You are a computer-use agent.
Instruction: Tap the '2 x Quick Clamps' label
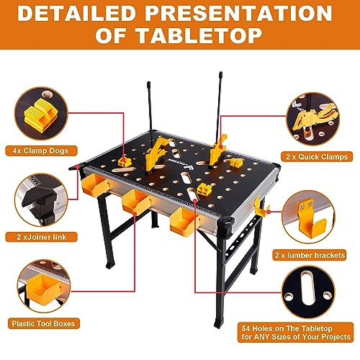pyautogui.click(x=320, y=156)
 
